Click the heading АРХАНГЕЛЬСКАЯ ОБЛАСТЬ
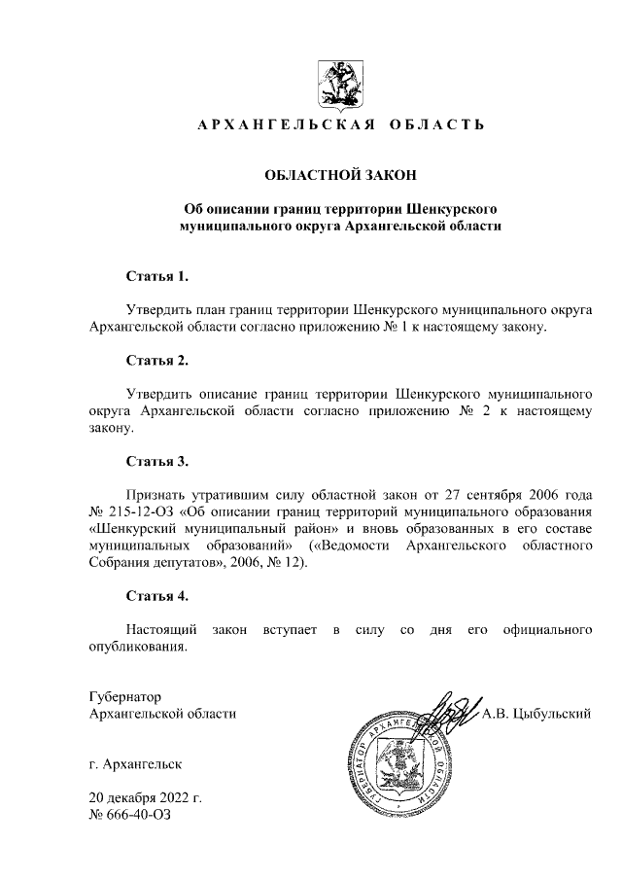tap(340, 125)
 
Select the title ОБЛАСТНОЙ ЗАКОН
tap(340, 175)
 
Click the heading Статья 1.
tap(156, 277)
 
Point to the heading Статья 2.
tap(156, 361)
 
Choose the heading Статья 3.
tap(156, 461)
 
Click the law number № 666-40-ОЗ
tap(128, 815)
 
